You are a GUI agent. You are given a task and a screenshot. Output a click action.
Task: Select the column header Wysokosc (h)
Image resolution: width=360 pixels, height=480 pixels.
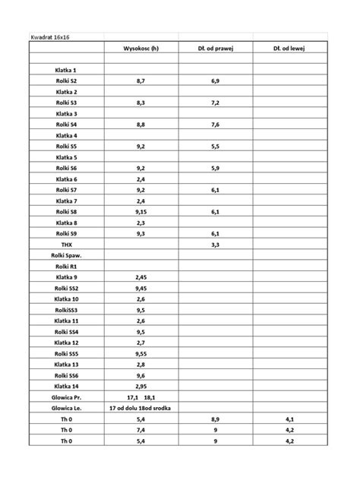(141, 47)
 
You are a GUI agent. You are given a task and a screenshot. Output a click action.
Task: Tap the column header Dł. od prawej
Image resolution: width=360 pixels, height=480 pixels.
(215, 47)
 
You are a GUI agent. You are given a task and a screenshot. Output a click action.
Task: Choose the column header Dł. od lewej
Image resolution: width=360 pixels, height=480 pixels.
(289, 47)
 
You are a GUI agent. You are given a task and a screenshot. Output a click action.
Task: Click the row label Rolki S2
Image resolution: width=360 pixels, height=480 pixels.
(66, 80)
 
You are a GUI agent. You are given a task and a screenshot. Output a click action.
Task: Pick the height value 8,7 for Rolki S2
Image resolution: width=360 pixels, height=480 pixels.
(141, 80)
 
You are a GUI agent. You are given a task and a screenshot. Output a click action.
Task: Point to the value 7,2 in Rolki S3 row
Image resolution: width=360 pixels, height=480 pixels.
(215, 102)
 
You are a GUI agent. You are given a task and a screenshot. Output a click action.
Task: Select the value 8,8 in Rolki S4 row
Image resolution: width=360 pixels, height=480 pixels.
(141, 124)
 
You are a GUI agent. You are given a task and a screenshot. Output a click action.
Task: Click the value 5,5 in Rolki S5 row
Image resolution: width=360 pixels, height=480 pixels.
(215, 145)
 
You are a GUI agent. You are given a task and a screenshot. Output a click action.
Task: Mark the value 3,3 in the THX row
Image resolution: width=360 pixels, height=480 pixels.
(215, 245)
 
